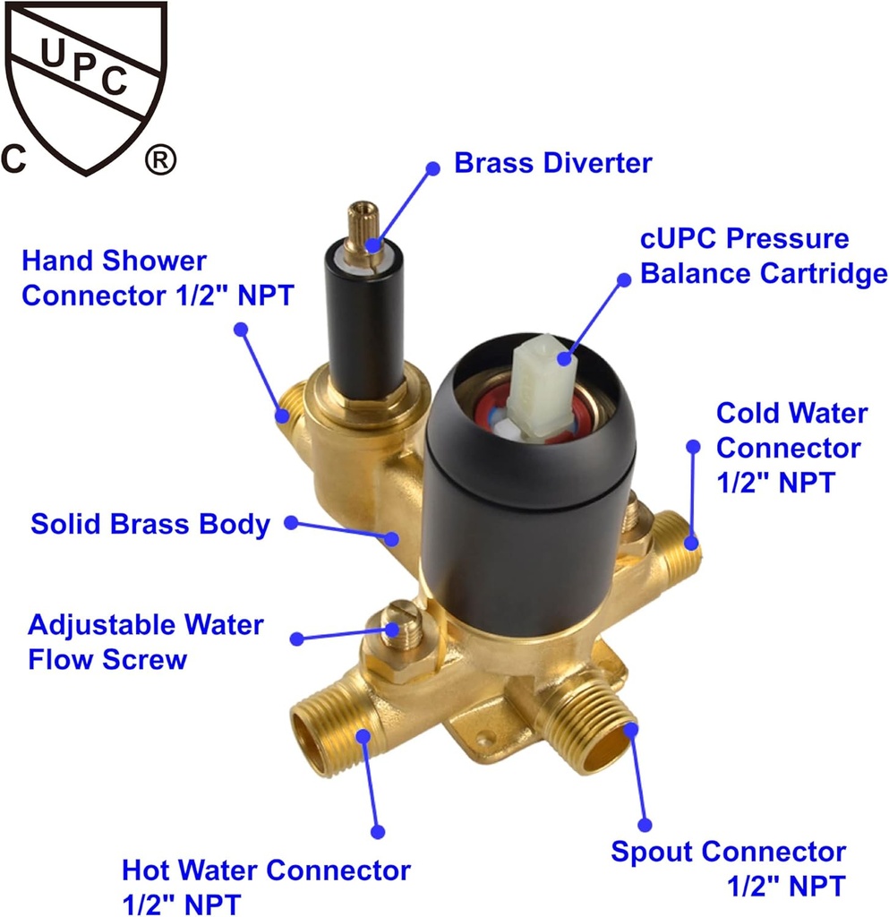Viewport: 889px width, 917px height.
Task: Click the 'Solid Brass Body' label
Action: pyautogui.click(x=150, y=524)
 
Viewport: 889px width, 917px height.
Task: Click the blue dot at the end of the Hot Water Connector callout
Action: pyautogui.click(x=378, y=832)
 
